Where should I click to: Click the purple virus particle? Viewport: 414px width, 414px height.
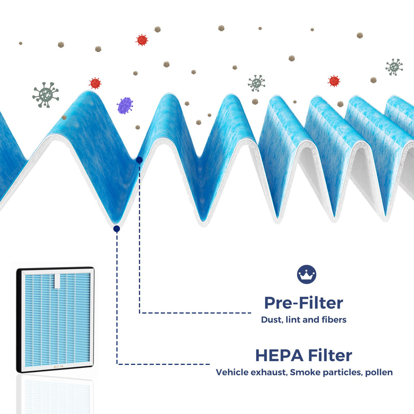(125, 106)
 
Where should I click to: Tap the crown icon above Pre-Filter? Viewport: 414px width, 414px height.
(306, 274)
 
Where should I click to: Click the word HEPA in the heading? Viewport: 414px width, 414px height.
(279, 356)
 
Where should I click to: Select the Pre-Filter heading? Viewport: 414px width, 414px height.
(304, 303)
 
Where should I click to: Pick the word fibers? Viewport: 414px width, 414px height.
(334, 320)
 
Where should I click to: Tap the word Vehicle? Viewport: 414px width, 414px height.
(232, 372)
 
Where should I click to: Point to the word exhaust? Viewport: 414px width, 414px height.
(269, 373)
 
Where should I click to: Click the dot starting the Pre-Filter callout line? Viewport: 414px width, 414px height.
(139, 160)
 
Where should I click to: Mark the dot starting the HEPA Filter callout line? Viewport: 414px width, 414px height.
(117, 229)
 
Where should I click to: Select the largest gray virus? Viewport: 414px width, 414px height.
(46, 95)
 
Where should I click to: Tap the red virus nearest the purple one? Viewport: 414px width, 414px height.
(95, 83)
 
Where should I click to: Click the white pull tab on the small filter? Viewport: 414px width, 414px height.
(57, 281)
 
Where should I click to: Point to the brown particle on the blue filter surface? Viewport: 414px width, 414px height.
(64, 117)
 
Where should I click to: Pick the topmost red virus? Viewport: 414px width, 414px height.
(142, 40)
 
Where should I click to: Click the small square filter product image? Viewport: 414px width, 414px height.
(55, 319)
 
